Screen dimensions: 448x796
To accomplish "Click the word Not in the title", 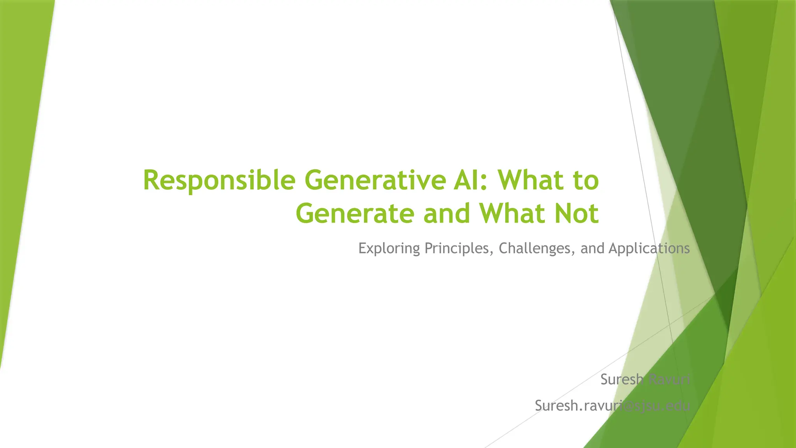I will pyautogui.click(x=576, y=213).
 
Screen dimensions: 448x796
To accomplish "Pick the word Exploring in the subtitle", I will pyautogui.click(x=389, y=248).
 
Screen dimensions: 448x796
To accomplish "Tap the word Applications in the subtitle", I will pyautogui.click(x=649, y=248).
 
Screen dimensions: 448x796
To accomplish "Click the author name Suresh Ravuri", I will pyautogui.click(x=645, y=380).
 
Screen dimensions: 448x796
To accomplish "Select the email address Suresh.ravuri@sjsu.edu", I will pyautogui.click(x=612, y=406).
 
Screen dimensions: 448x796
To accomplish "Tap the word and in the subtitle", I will pyautogui.click(x=593, y=248).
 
